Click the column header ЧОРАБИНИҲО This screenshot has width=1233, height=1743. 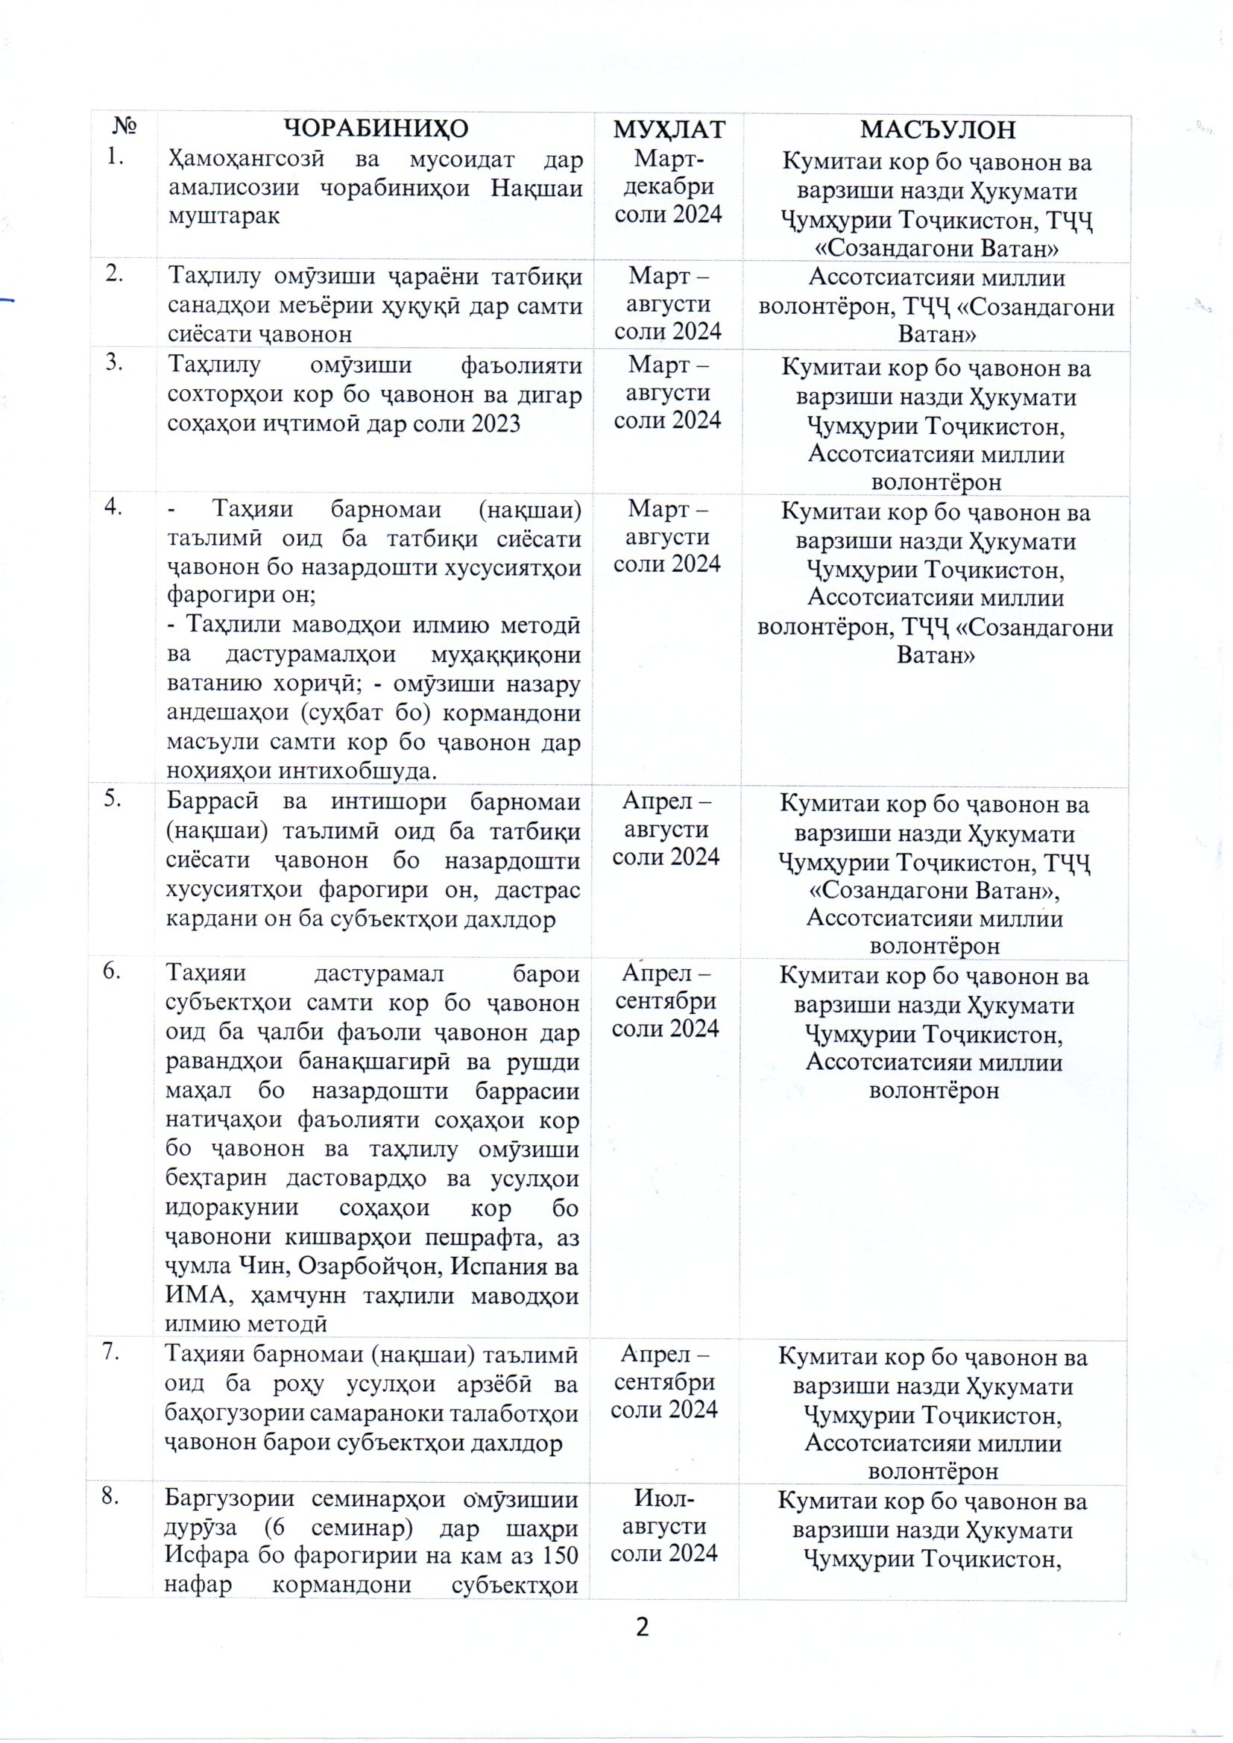pyautogui.click(x=376, y=128)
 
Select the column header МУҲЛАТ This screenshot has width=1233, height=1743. pyautogui.click(x=669, y=130)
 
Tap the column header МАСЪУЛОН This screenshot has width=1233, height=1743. pyautogui.click(x=937, y=130)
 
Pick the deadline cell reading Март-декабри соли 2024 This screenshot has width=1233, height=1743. pyautogui.click(x=668, y=186)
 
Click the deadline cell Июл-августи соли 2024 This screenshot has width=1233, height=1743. pyautogui.click(x=664, y=1526)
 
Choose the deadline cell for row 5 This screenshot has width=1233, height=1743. pyautogui.click(x=666, y=828)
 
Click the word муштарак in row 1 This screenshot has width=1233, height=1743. pyautogui.click(x=224, y=215)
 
